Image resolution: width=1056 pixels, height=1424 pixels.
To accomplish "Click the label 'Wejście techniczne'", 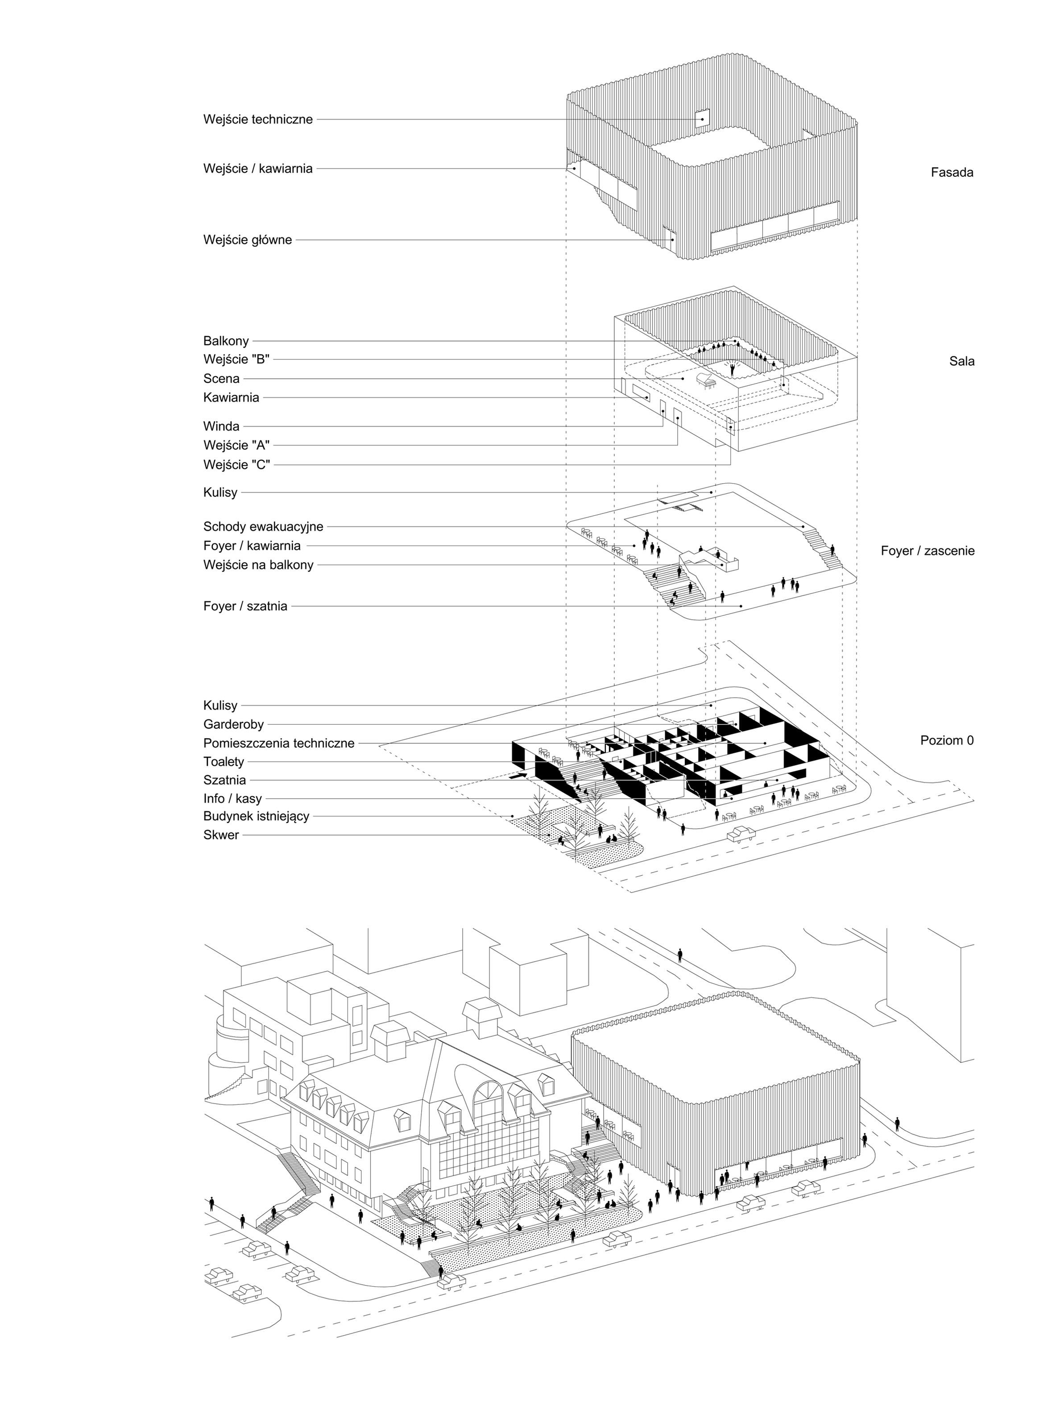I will coord(258,119).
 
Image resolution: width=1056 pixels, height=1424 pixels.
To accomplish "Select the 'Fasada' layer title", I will coord(951,172).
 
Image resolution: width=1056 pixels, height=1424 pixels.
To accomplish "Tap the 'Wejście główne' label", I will coord(247,240).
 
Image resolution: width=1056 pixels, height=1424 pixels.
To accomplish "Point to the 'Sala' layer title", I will coord(961,361).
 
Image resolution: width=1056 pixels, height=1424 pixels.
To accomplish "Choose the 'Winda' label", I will coord(221,426).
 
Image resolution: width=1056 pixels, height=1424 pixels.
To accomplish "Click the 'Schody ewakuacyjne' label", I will coord(263,527).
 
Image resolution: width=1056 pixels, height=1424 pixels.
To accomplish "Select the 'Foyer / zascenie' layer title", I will coord(927,551).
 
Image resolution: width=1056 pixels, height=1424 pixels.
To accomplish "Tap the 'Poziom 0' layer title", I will coord(947,741).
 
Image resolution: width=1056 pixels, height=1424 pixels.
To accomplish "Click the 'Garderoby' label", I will coord(233,725).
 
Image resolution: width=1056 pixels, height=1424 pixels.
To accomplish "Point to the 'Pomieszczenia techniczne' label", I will coord(279,743).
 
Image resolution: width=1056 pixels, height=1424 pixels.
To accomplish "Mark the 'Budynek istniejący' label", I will coord(257,816).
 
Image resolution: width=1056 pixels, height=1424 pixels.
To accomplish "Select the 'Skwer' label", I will coord(221,835).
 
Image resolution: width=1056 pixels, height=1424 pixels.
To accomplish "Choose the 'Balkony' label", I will coord(226,341).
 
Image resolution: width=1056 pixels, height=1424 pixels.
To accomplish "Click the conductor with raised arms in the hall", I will coord(733,368).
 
